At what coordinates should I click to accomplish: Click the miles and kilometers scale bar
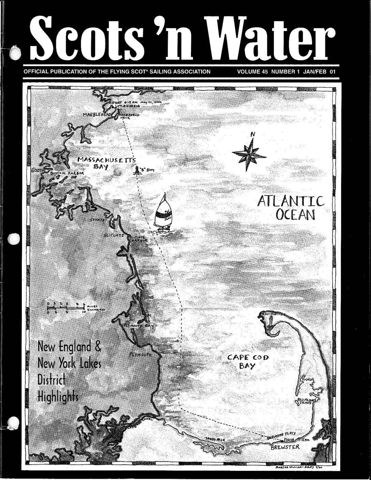68,306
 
